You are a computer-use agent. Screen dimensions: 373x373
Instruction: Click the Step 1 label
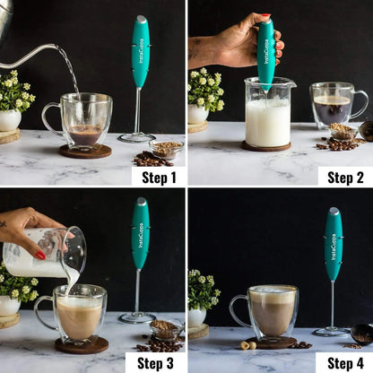tap(159, 177)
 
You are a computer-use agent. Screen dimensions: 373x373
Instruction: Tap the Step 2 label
tap(345, 177)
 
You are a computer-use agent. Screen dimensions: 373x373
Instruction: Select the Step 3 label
tap(159, 363)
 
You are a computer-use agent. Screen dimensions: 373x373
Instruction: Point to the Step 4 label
tap(345, 363)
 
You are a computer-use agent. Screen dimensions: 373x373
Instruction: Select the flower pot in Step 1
tap(10, 119)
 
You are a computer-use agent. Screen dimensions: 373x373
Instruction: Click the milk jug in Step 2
tap(268, 112)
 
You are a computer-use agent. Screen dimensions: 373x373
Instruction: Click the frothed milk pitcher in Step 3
tap(45, 252)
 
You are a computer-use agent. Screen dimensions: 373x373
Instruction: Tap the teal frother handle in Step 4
tap(333, 244)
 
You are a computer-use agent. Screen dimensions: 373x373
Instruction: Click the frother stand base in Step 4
tap(331, 332)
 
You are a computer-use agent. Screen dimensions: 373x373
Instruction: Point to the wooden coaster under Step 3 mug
tap(81, 346)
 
